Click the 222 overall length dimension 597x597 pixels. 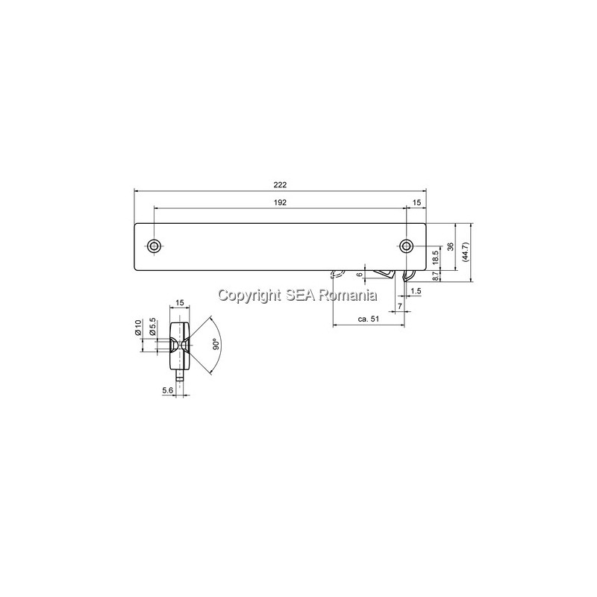pos(280,185)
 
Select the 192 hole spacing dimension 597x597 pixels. pos(280,202)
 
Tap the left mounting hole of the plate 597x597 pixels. pos(154,246)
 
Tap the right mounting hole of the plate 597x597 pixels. pos(407,246)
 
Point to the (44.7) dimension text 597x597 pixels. pos(466,251)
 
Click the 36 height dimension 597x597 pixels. pos(451,246)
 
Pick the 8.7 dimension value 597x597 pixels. pos(436,276)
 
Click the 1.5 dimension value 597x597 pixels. pos(416,291)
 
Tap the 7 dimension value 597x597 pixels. pos(399,306)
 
